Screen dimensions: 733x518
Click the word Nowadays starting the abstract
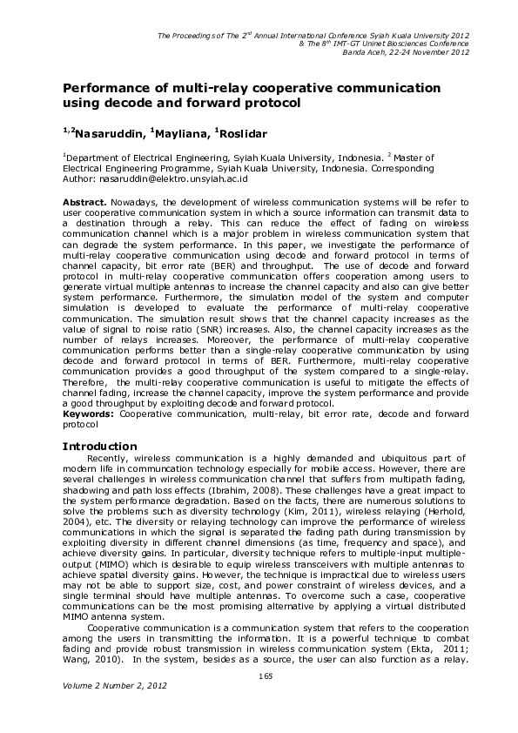(x=135, y=202)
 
